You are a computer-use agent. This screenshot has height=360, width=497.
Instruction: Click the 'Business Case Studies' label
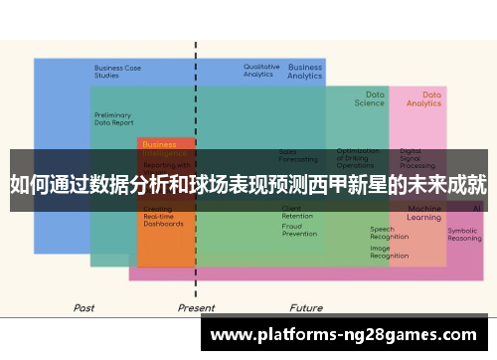[x=117, y=72]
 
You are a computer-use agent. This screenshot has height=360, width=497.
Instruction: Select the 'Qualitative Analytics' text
[x=261, y=71]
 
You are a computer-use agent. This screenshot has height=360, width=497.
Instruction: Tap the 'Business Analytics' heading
[x=305, y=72]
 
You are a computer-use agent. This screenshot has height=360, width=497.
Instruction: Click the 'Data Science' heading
[x=369, y=98]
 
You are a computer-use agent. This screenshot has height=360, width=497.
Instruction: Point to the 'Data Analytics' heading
[x=424, y=98]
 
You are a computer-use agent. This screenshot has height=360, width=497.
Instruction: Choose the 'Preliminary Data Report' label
[x=113, y=118]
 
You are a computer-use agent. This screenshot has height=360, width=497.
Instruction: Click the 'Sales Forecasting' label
[x=298, y=155]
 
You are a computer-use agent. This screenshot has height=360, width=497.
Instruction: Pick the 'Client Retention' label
[x=297, y=212]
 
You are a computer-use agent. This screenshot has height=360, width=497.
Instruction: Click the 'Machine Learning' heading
[x=424, y=213]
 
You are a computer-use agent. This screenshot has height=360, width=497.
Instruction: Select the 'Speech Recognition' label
[x=389, y=234]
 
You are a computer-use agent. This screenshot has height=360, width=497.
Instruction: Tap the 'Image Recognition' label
[x=389, y=253]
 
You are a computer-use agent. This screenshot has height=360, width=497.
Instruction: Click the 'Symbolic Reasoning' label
[x=464, y=235]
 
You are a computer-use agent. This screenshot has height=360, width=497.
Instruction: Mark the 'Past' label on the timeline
[x=84, y=308]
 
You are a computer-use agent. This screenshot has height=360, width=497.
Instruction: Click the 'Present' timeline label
[x=196, y=308]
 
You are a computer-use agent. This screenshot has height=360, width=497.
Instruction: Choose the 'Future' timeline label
[x=306, y=308]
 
